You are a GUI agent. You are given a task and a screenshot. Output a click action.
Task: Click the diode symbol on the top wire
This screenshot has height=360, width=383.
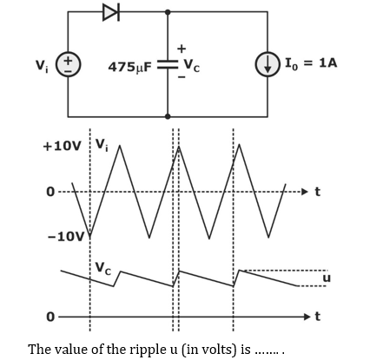point(111,12)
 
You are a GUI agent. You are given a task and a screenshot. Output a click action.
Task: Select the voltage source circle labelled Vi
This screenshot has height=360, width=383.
point(68,64)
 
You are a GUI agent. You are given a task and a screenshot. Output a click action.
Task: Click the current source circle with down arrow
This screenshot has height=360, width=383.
point(267,64)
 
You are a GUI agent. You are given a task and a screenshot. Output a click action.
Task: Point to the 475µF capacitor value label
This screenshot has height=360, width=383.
point(130,68)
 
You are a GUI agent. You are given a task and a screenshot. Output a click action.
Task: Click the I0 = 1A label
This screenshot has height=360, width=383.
point(311,63)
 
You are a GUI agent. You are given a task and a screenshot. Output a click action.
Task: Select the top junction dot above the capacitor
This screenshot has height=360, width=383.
point(168,12)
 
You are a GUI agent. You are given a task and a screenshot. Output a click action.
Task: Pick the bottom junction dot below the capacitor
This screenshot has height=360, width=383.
point(168,116)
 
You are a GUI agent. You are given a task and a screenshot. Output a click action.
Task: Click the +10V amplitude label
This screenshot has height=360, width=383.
point(62,146)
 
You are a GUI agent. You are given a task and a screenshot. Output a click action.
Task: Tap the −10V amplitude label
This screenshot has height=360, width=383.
point(66,237)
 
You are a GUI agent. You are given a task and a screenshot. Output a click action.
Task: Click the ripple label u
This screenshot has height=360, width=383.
point(327,278)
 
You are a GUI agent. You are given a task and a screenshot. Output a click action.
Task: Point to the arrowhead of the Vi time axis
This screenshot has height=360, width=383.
point(304,192)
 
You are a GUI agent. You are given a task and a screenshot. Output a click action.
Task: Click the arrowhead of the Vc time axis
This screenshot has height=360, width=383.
point(307,317)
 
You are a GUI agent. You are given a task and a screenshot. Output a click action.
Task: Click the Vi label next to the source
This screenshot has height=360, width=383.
point(43,66)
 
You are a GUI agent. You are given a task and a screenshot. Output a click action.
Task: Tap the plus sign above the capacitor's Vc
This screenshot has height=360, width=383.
point(182,49)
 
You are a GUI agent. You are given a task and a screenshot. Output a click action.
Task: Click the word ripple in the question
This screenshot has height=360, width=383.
point(145,350)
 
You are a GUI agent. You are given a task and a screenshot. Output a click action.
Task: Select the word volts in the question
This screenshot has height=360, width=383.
point(217,350)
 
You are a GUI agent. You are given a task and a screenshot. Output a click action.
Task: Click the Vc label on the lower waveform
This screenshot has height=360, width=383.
point(103,268)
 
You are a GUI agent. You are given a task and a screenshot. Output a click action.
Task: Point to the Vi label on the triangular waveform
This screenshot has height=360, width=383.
point(102,145)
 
